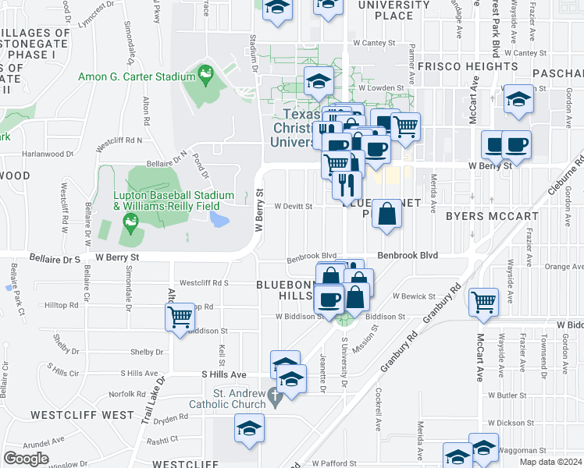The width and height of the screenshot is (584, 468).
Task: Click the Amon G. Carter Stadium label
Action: [137, 77]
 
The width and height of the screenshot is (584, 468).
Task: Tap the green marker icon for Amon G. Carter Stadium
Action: [206, 75]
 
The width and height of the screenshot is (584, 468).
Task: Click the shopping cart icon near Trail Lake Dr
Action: [180, 317]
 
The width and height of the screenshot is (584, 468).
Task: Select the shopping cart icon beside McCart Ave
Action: [484, 300]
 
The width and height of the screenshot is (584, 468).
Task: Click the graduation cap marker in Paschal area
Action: [518, 99]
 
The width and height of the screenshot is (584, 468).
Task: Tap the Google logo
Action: [27, 458]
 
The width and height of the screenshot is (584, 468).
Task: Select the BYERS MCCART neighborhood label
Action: [492, 216]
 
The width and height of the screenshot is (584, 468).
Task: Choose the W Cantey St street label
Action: [379, 44]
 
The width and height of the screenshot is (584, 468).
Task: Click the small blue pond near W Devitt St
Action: [219, 219]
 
